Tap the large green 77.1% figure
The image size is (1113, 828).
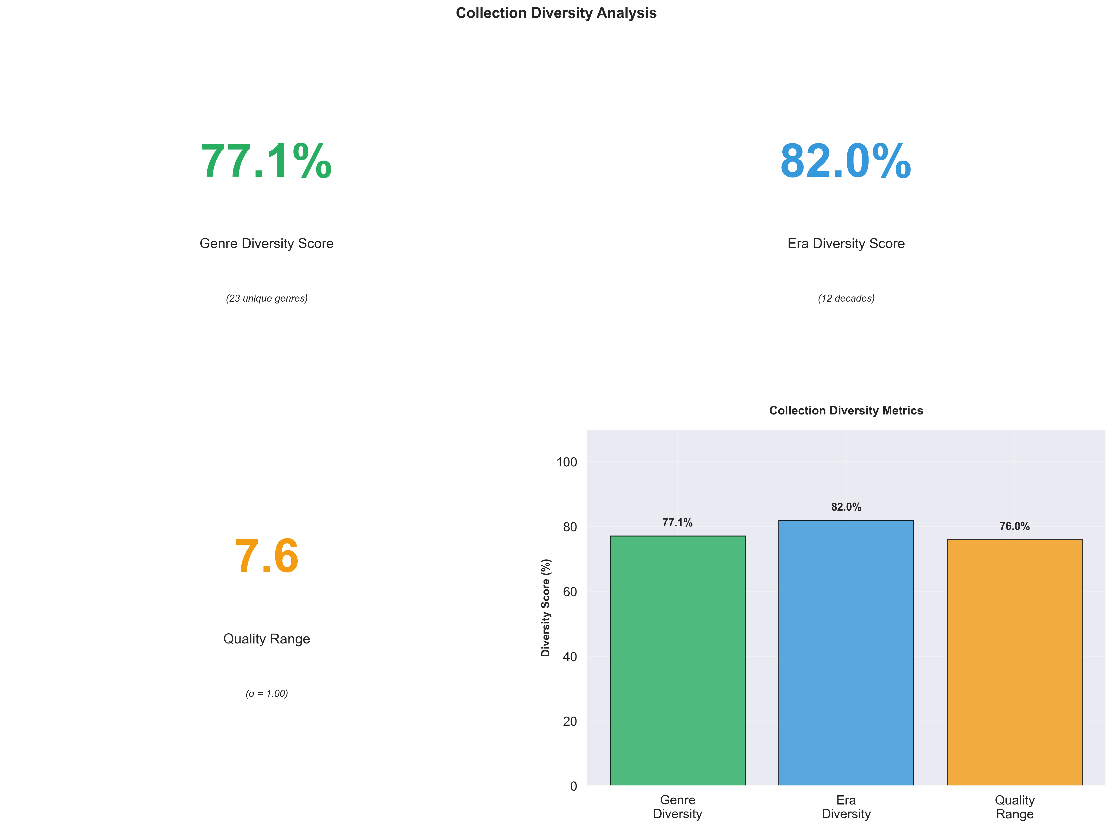point(266,161)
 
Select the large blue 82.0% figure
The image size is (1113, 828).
point(846,161)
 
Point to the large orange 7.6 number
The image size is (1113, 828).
point(266,556)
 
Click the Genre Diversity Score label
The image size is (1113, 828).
point(266,244)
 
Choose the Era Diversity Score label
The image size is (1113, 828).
point(846,244)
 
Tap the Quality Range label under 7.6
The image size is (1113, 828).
point(266,639)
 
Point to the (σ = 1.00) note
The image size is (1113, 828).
point(266,694)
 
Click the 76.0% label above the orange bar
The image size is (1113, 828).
point(1014,526)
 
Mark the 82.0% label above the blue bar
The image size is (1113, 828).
point(846,507)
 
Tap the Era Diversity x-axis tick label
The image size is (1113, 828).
point(846,807)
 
